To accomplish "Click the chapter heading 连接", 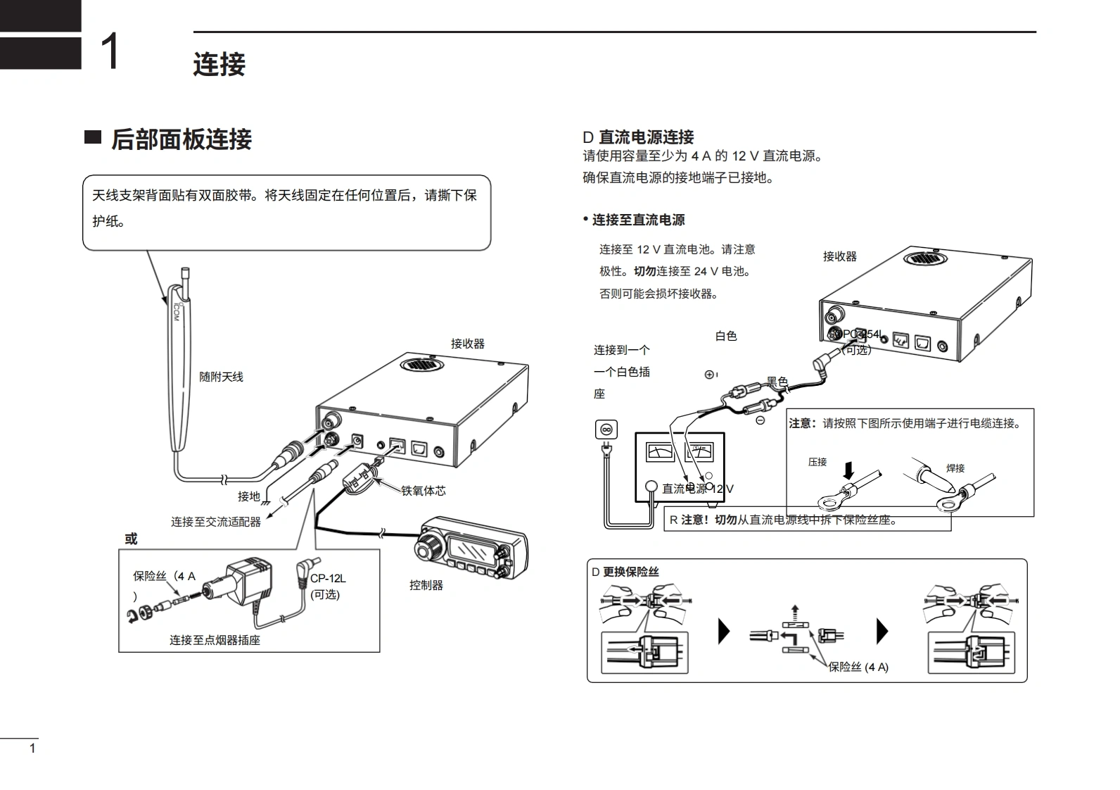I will pos(219,65).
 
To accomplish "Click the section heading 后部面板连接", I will pos(181,139).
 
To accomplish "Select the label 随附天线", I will pos(221,377).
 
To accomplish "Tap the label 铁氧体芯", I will pos(424,491).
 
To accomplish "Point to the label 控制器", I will pos(426,585).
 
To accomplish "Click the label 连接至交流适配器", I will pos(216,522).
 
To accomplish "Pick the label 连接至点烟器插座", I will pos(215,640).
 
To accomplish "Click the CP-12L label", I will pos(328,579).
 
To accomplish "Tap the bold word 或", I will pos(131,539).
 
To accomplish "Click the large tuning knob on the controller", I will pos(428,545).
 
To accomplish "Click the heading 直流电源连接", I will pos(646,137).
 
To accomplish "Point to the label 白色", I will pos(726,337).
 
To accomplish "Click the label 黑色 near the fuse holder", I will pos(777,382).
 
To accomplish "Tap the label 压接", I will pos(817,463).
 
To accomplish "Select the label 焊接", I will pos(955,468).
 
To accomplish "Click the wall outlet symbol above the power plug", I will pos(606,429).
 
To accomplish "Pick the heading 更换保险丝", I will pos(630,572).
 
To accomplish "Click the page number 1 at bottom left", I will pos(32,748).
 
